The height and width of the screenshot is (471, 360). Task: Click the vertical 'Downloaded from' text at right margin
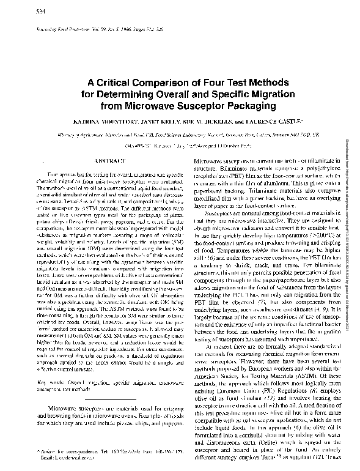(352, 196)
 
